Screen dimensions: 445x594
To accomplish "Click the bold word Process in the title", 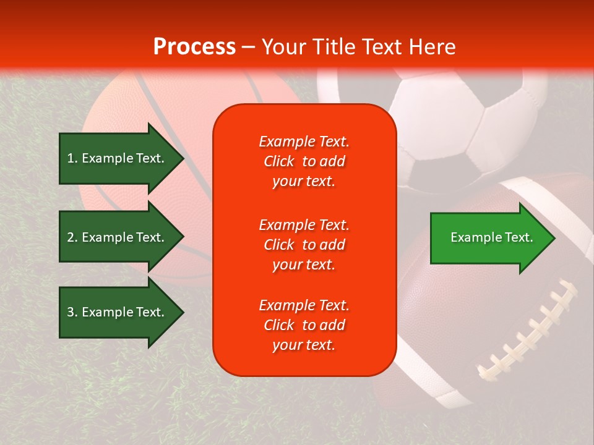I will [x=194, y=47].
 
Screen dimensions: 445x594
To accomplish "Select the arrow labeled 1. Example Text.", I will [x=118, y=158].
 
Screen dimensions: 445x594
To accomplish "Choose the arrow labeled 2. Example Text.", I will [x=118, y=237].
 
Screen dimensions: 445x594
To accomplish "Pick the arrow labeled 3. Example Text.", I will [x=118, y=312].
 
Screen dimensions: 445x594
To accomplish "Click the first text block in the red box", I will [x=304, y=161].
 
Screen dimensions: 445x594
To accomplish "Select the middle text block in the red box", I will [x=304, y=245].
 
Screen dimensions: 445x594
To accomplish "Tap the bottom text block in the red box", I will [x=304, y=325].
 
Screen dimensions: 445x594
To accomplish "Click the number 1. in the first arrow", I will [x=72, y=158].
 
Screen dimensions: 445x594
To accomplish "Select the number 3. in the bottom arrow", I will [x=72, y=312].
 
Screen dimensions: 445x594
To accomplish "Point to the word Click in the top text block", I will [x=279, y=161].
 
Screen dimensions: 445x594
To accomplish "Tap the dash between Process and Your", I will [x=248, y=48].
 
